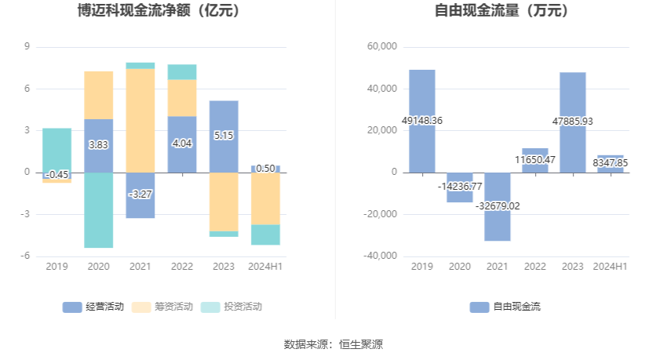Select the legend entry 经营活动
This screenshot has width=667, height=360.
click(x=93, y=307)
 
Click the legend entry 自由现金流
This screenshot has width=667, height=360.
click(x=505, y=307)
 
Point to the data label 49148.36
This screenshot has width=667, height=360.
click(x=422, y=121)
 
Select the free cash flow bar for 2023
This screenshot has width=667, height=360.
click(x=573, y=94)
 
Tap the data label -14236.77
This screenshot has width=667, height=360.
click(x=460, y=187)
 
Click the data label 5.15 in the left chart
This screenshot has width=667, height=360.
click(x=224, y=136)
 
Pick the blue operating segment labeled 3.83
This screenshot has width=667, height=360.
click(x=98, y=145)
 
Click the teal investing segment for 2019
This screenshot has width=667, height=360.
click(x=56, y=149)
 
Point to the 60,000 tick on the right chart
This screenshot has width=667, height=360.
click(x=383, y=47)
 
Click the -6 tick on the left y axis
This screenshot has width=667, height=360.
click(x=27, y=256)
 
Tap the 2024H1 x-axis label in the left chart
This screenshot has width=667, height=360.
click(x=265, y=267)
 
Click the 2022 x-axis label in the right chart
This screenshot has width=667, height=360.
click(x=535, y=267)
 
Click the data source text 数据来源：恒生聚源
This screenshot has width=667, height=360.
click(x=333, y=344)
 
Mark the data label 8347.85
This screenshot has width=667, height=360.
click(x=611, y=163)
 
